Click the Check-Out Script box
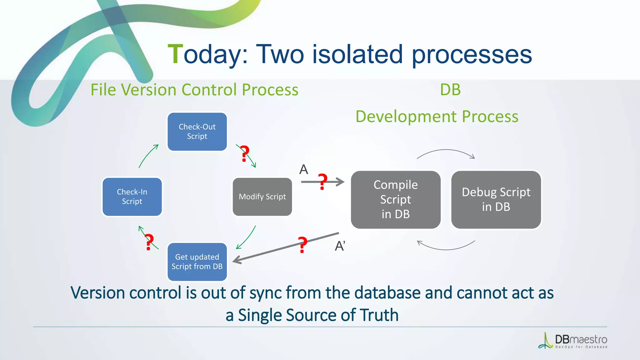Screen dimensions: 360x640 197,132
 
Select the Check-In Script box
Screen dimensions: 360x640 132,197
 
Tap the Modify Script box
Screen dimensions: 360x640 262,197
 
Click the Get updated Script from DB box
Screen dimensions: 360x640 197,262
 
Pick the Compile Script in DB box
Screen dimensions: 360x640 396,199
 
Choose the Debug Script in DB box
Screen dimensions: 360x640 496,199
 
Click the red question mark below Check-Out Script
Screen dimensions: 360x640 245,153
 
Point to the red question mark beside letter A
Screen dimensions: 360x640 323,182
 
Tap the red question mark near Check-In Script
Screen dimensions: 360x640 149,242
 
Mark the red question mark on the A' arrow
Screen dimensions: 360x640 302,244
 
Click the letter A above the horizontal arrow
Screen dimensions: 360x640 304,170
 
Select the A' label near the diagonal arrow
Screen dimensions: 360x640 340,246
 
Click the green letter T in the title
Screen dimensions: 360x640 175,54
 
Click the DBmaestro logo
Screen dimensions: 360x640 573,341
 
